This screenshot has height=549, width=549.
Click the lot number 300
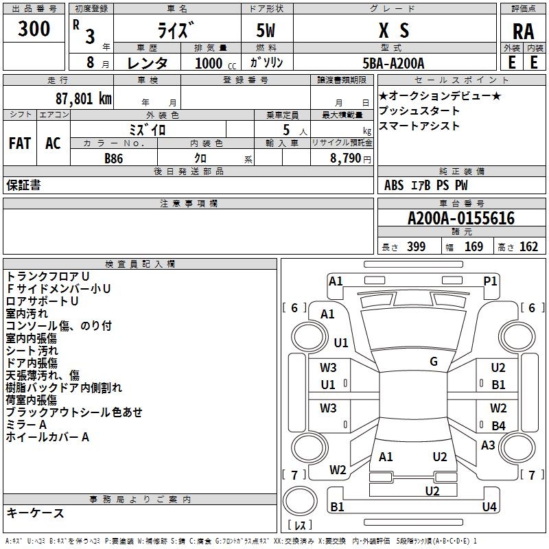[34, 29]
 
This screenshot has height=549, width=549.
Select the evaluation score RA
[523, 31]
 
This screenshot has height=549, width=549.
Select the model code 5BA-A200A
[393, 63]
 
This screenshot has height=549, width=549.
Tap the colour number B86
[114, 158]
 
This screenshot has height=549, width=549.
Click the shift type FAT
[19, 143]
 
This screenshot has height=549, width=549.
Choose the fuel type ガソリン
[266, 63]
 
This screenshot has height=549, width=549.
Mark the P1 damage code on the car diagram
[490, 280]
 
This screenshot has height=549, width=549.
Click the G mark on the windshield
[434, 362]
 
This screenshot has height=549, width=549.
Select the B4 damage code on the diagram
[498, 426]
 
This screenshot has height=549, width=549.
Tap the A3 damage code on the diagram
[488, 445]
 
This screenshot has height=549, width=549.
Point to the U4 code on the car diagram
[489, 506]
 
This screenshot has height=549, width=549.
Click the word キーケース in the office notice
[36, 513]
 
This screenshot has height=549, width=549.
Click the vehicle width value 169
[474, 247]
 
